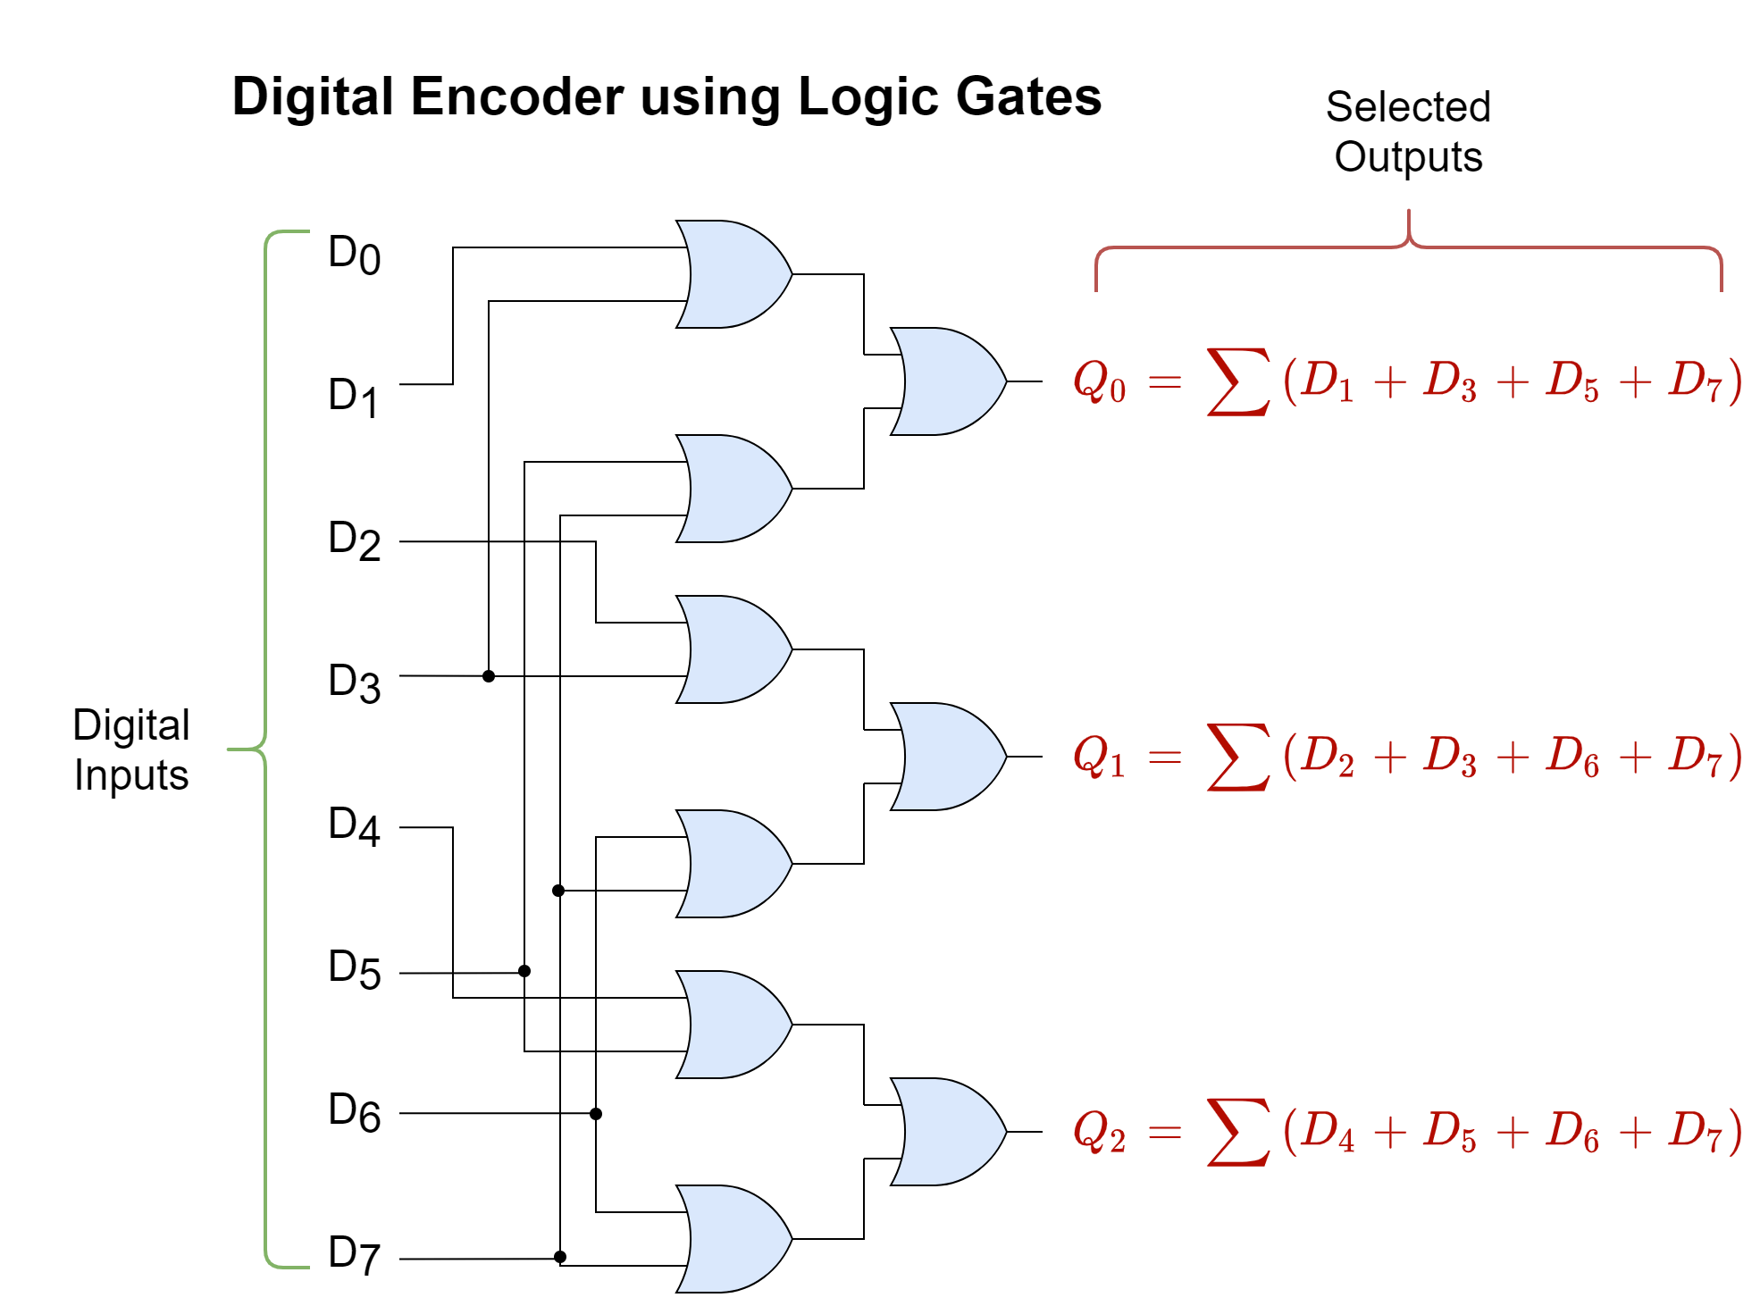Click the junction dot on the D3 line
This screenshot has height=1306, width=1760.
tap(489, 676)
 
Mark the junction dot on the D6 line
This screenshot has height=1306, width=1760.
tap(596, 1114)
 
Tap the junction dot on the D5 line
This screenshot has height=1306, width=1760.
tap(524, 971)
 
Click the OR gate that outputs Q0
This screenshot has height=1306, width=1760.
tap(947, 381)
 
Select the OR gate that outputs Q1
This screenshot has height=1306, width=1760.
tap(947, 757)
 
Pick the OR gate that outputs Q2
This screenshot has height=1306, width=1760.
tap(947, 1132)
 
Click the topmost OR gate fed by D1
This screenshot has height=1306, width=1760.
tap(733, 274)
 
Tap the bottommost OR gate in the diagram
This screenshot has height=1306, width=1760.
tap(733, 1239)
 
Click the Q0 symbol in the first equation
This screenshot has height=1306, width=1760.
tap(1099, 381)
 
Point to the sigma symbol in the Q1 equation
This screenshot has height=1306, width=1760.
tap(1237, 757)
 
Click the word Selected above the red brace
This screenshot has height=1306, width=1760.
tap(1408, 107)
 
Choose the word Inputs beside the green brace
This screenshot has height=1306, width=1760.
tap(131, 775)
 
